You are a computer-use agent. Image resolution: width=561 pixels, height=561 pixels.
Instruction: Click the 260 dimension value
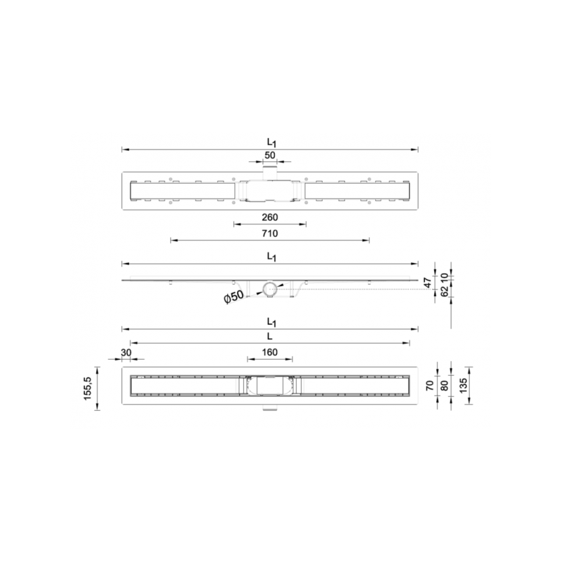(x=270, y=217)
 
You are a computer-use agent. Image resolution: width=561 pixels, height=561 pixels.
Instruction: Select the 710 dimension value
(x=270, y=234)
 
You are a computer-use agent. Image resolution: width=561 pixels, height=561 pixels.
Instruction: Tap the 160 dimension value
(x=270, y=353)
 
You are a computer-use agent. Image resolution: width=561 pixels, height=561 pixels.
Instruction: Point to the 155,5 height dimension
(x=88, y=388)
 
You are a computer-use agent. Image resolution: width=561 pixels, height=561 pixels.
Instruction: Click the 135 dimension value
(x=463, y=386)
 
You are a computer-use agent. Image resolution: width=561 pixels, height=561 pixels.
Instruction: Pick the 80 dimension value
(x=444, y=386)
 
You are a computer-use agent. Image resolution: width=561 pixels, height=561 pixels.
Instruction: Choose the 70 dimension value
(x=430, y=386)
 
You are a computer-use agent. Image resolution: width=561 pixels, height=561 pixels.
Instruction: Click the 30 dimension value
(x=126, y=353)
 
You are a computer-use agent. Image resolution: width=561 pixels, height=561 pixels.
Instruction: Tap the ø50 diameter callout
(x=234, y=297)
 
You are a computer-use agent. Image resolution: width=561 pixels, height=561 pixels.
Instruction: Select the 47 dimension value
(x=428, y=283)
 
